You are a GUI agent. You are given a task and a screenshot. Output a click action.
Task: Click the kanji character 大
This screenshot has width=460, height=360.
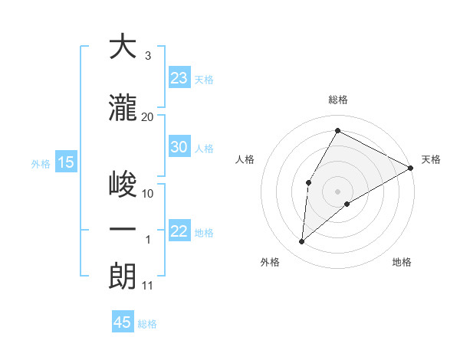pos(123,47)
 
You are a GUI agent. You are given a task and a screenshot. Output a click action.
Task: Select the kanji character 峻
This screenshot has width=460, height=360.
pos(123,184)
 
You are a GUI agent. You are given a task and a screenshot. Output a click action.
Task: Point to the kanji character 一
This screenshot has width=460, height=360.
pos(123,230)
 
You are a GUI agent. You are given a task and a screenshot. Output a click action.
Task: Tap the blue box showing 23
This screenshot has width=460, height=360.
pos(179,78)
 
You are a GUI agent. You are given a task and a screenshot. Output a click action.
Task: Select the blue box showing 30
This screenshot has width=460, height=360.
pos(179,148)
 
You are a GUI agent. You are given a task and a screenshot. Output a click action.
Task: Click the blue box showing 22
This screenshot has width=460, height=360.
pos(179,232)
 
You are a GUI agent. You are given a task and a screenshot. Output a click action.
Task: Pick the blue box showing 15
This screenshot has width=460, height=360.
pos(65,162)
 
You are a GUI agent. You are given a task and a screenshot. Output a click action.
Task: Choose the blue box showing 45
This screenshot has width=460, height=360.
pos(123,322)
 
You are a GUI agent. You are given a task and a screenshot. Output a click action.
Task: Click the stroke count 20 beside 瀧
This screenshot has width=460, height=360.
pos(148,116)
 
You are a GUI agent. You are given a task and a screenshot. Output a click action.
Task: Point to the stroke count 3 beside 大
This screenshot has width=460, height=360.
pos(147,57)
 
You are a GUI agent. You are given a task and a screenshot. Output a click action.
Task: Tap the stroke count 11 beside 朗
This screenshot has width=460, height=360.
pos(147,286)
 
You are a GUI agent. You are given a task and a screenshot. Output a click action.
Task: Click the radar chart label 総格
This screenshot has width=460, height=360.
pos(337,100)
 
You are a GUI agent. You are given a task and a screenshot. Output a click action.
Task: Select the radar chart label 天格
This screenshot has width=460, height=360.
pos(431,159)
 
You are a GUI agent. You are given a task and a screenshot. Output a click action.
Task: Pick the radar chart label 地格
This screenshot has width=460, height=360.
pos(402,262)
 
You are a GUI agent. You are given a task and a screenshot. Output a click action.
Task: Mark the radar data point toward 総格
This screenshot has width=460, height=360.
pos(337,131)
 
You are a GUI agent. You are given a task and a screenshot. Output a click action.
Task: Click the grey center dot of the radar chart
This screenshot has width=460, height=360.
pos(337,191)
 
